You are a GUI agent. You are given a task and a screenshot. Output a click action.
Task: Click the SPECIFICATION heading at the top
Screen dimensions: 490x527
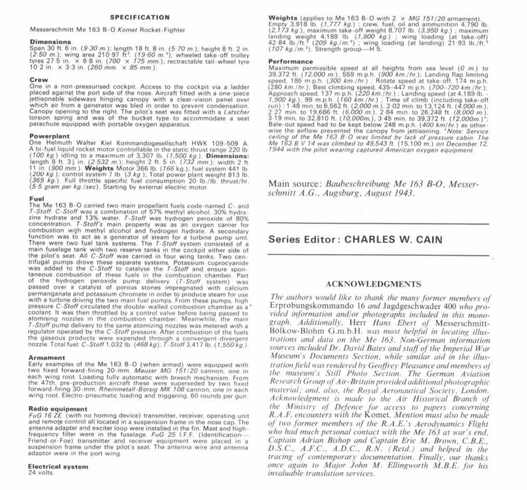[146, 17]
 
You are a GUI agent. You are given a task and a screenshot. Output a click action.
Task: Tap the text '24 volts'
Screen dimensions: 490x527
[42, 472]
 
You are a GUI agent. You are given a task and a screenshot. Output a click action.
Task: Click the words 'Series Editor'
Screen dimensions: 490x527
[302, 239]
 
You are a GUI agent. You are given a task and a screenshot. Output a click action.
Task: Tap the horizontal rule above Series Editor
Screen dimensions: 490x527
[378, 224]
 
